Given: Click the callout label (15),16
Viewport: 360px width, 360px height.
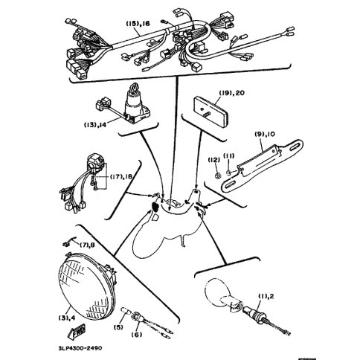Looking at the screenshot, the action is pyautogui.click(x=138, y=24).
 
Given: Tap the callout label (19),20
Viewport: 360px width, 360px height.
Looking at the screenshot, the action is pyautogui.click(x=232, y=93).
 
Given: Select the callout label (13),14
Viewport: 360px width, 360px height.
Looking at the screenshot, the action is pyautogui.click(x=95, y=125).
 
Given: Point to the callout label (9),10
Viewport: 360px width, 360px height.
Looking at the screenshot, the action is pyautogui.click(x=265, y=134).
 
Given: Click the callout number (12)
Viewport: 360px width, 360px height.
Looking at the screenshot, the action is pyautogui.click(x=213, y=160).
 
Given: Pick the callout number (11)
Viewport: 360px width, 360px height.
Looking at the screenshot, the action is pyautogui.click(x=229, y=155).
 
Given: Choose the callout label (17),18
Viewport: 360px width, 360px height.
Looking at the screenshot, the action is pyautogui.click(x=121, y=176).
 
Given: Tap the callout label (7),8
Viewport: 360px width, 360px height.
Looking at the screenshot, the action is pyautogui.click(x=87, y=245).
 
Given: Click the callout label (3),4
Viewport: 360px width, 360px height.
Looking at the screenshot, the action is pyautogui.click(x=67, y=318).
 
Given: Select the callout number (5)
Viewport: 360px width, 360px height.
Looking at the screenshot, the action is pyautogui.click(x=118, y=327).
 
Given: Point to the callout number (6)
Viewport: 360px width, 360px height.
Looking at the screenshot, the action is pyautogui.click(x=137, y=335).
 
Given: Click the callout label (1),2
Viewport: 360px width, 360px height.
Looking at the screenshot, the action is pyautogui.click(x=266, y=296).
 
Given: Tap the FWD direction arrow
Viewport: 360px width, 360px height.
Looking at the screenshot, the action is pyautogui.click(x=77, y=331).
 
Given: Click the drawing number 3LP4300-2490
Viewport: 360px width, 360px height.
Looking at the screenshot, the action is pyautogui.click(x=80, y=348).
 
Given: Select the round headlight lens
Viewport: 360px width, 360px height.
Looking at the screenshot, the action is pyautogui.click(x=87, y=286).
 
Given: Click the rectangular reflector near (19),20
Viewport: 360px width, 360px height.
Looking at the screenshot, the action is pyautogui.click(x=210, y=108).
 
